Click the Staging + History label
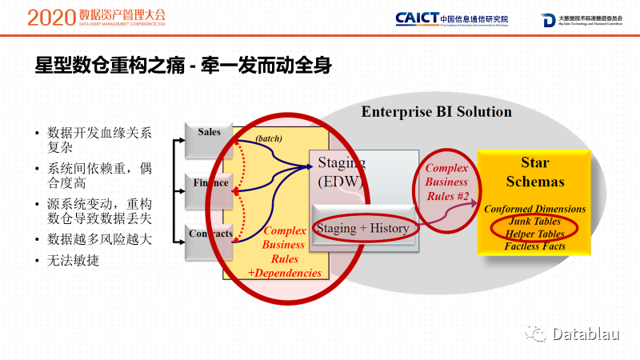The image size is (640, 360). (362, 228)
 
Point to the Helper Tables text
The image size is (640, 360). (535, 234)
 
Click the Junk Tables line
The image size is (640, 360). (535, 221)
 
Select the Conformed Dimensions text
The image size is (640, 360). (535, 209)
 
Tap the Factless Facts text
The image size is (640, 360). (535, 246)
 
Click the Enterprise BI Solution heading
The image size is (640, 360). (436, 111)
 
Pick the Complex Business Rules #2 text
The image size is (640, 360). (446, 182)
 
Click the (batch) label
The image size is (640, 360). (269, 139)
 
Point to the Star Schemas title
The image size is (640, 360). (535, 172)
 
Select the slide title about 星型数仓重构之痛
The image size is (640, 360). (184, 66)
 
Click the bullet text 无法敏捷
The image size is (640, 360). (74, 262)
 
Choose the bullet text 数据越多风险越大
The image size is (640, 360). (99, 238)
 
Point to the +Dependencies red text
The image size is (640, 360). (285, 273)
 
